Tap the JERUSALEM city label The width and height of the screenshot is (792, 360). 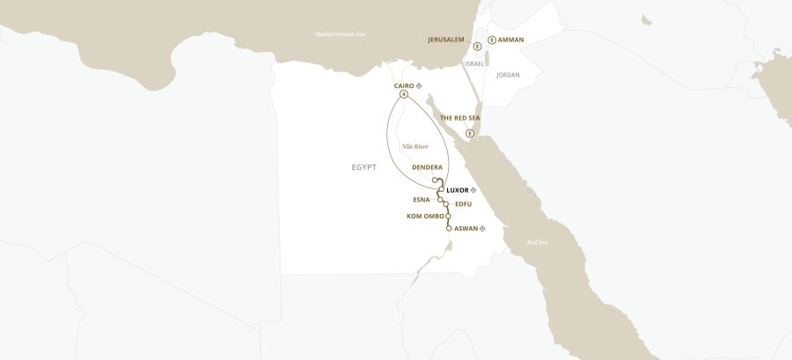click(x=445, y=40)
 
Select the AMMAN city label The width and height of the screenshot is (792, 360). click(x=510, y=40)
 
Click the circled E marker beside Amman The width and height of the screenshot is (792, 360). click(x=491, y=40)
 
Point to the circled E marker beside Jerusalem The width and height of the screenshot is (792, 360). click(x=476, y=46)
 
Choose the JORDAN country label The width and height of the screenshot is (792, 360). click(x=508, y=75)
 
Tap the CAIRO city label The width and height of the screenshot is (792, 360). click(x=398, y=85)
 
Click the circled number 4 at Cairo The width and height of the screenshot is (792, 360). click(x=403, y=94)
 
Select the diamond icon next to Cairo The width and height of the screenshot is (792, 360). click(x=419, y=85)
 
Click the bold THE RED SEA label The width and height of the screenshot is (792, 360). click(x=459, y=117)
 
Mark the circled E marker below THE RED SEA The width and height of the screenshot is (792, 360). click(x=470, y=133)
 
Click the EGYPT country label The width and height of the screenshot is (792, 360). click(x=363, y=166)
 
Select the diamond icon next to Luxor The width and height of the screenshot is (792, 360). click(x=473, y=190)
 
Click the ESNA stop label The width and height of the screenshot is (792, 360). click(x=422, y=199)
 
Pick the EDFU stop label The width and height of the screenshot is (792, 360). click(x=464, y=204)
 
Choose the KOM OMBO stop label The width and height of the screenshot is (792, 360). click(x=425, y=216)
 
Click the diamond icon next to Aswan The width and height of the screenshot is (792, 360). click(x=482, y=228)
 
